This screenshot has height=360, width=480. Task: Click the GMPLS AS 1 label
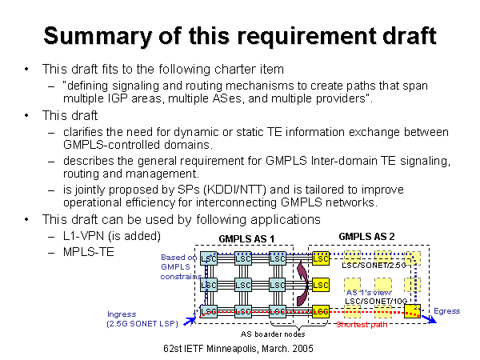[246, 239]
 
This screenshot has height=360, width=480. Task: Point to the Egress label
[447, 310]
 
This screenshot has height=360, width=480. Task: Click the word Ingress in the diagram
[122, 314]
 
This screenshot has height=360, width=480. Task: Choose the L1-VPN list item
[91, 236]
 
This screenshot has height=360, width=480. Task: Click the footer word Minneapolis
[246, 349]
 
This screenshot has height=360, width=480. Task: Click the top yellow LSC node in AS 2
[321, 258]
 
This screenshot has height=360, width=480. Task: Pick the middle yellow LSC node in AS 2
[321, 285]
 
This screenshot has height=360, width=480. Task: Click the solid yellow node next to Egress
[413, 310]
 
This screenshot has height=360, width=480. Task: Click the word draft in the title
[401, 36]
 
